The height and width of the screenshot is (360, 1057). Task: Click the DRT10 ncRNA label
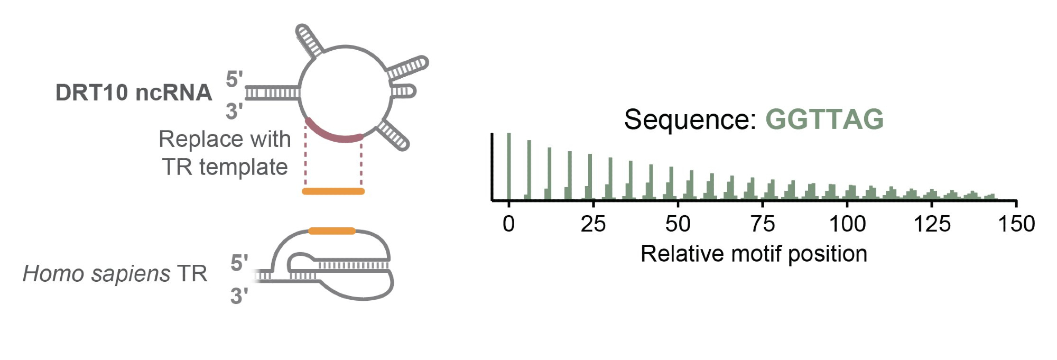click(x=134, y=93)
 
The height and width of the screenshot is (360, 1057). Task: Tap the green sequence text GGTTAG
click(x=824, y=119)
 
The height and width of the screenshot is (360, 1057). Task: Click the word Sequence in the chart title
click(x=690, y=119)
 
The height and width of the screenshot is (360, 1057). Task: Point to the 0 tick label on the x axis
click(x=508, y=224)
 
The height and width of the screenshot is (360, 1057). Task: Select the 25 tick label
click(x=593, y=224)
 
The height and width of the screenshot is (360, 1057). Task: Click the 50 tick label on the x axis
click(x=678, y=224)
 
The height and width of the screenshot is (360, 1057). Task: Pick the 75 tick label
click(x=762, y=224)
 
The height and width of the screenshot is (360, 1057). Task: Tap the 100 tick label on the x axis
click(x=847, y=224)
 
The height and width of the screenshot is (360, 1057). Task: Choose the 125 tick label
click(x=932, y=224)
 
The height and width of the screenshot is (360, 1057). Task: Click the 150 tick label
click(x=1016, y=224)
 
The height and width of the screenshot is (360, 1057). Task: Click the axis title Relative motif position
click(x=754, y=254)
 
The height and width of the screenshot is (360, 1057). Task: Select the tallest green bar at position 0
click(x=509, y=167)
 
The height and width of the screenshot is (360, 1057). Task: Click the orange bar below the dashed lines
click(x=333, y=191)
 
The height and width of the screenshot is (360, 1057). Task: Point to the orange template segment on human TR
click(x=332, y=231)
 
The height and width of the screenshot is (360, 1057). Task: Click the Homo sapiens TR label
click(x=115, y=274)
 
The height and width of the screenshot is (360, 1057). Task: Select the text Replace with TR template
click(x=225, y=153)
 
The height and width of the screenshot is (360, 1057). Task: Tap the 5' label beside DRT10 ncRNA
click(x=234, y=80)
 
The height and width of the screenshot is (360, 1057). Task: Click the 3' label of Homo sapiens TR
click(x=239, y=296)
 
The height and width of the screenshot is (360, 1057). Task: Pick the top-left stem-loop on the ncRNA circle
click(x=310, y=40)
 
